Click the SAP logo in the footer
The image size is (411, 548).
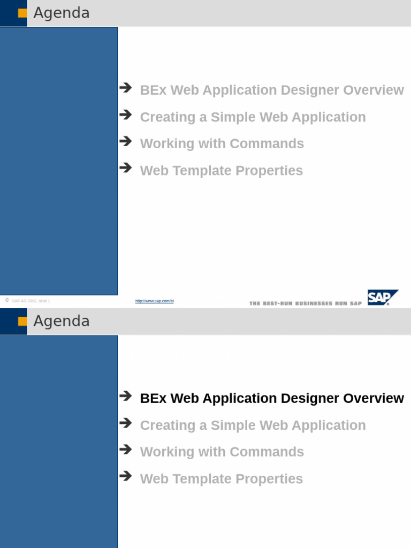pos(383,298)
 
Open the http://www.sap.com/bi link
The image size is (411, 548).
pos(154,301)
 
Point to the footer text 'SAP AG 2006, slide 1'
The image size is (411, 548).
pos(31,301)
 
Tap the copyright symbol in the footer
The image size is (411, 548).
pos(7,300)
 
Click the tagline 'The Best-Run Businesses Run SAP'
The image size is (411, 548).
pos(305,303)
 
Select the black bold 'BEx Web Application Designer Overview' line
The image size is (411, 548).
pos(271,399)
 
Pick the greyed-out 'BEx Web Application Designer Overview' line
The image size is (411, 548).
pos(271,90)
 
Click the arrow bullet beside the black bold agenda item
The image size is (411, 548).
pos(126,396)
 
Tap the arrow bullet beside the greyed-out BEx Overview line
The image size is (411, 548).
pos(126,88)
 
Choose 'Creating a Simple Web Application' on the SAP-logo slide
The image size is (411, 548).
pos(253,117)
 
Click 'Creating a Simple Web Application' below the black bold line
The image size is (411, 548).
pos(253,425)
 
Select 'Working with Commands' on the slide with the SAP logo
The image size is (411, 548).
pos(222,144)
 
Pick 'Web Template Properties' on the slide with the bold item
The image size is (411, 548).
pos(221,479)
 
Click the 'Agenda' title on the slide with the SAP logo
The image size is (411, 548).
pos(62,13)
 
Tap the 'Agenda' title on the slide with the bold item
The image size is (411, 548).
pos(62,321)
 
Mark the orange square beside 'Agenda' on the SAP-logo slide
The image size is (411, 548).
pos(22,13)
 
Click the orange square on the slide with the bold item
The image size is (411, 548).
pos(22,322)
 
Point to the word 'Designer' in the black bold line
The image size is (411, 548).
pos(310,399)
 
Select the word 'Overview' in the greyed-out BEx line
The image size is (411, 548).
pos(374,90)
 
